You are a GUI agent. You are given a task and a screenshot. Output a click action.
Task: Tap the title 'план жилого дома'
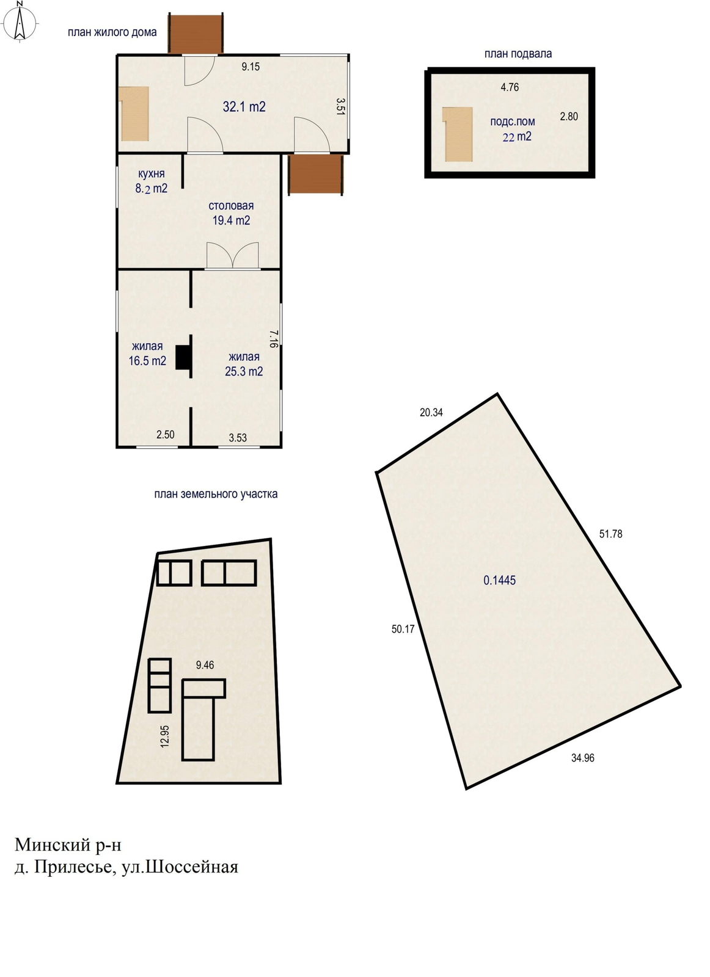[x=112, y=32]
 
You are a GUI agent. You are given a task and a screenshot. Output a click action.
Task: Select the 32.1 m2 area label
[x=244, y=106]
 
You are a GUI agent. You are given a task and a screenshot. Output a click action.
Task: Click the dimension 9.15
[x=251, y=67]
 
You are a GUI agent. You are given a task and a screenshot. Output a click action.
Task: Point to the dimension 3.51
[x=340, y=106]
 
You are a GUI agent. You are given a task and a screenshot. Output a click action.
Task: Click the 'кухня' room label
[x=151, y=173]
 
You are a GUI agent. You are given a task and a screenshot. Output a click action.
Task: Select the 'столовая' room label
[x=231, y=206]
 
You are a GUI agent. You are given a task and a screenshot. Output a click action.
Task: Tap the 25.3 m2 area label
[x=244, y=371]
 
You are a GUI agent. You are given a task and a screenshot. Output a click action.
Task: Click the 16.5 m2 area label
[x=147, y=361]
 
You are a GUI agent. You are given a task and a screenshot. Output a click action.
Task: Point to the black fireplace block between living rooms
[x=183, y=357]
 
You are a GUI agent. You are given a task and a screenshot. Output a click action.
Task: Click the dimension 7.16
[x=273, y=338]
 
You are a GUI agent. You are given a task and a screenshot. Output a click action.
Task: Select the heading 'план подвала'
[x=518, y=54]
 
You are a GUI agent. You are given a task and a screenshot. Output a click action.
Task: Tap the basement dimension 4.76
[x=510, y=87]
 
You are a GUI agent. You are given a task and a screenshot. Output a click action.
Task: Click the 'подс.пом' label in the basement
[x=512, y=122]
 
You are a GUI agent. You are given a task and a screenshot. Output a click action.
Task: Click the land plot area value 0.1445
[x=500, y=580]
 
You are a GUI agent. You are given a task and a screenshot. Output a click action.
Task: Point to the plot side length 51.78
[x=610, y=534]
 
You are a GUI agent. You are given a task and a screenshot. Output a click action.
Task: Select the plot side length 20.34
[x=431, y=412]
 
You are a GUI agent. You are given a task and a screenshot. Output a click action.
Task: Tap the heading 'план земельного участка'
[x=216, y=494]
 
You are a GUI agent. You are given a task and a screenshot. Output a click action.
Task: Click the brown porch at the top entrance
[x=196, y=34]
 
